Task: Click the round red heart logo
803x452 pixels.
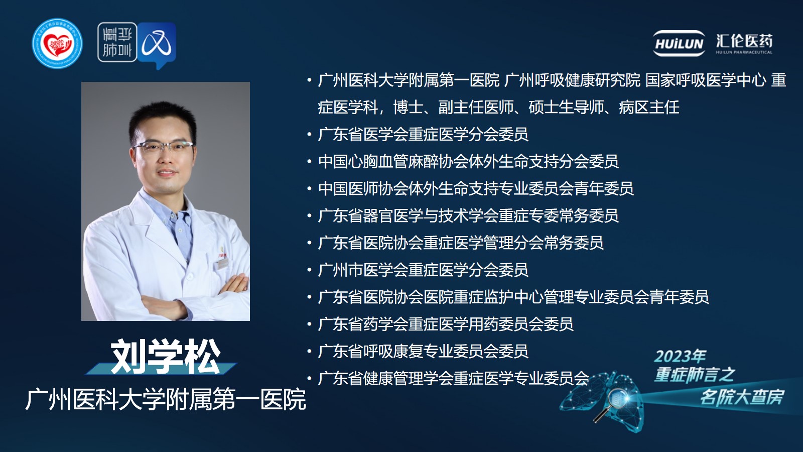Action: click(x=57, y=43)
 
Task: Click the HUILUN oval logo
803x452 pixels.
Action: click(x=679, y=43)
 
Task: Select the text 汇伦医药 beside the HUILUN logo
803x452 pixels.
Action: click(x=744, y=41)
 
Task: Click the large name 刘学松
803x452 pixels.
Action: click(x=165, y=357)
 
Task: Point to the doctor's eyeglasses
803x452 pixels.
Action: click(x=164, y=147)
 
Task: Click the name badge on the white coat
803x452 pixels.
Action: click(x=223, y=264)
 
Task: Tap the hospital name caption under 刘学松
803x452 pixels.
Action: click(x=166, y=399)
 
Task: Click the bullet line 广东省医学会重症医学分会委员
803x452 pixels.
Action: click(x=423, y=135)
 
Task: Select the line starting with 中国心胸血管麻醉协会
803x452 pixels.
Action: click(x=468, y=162)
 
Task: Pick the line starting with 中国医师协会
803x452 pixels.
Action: click(x=476, y=189)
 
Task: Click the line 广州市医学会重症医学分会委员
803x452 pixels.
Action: click(x=423, y=270)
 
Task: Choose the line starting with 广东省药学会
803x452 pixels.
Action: click(x=446, y=324)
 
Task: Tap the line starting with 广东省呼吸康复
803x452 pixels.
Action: click(x=423, y=352)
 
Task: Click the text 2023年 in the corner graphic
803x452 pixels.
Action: click(x=680, y=357)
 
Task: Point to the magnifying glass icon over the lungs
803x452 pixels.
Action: click(x=612, y=404)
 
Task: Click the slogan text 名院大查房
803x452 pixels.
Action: click(x=742, y=397)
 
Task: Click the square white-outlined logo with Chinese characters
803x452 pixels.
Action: click(x=117, y=42)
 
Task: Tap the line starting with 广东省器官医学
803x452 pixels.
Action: click(x=468, y=216)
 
